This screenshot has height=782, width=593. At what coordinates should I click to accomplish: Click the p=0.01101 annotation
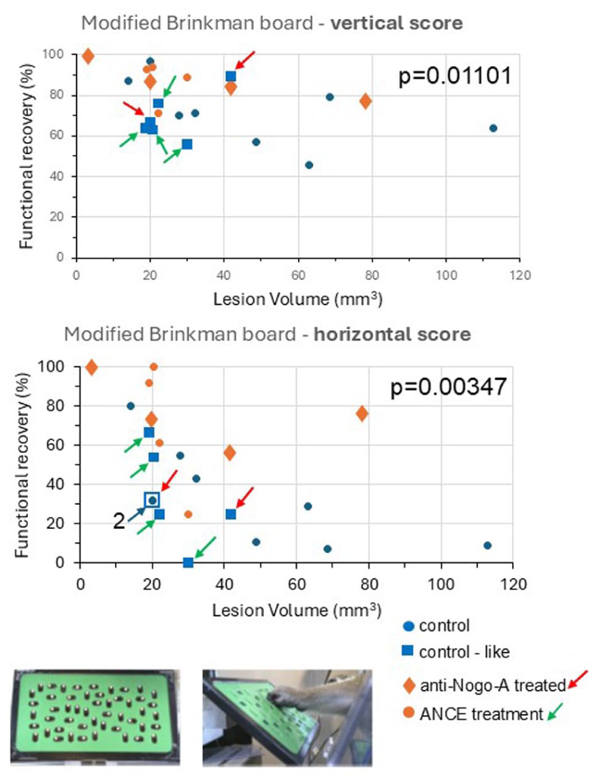(x=455, y=76)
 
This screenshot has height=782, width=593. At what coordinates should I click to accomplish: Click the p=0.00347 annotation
(x=448, y=386)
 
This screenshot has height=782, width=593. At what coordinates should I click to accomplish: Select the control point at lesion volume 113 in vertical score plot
(x=493, y=128)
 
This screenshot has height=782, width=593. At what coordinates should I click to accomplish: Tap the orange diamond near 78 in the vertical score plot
(x=365, y=101)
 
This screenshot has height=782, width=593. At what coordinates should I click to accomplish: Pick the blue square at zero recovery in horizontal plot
(x=188, y=562)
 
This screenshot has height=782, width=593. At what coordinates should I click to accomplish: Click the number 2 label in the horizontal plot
(x=119, y=521)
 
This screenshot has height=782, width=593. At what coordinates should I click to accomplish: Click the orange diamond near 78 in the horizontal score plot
(x=362, y=413)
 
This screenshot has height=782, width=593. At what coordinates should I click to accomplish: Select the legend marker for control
(x=408, y=626)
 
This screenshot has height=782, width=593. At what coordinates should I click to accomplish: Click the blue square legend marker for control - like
(x=408, y=651)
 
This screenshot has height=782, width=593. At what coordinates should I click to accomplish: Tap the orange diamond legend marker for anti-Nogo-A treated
(x=409, y=685)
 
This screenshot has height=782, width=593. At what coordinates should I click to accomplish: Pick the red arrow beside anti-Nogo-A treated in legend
(x=578, y=680)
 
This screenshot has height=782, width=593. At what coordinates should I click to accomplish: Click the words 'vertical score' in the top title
(x=396, y=23)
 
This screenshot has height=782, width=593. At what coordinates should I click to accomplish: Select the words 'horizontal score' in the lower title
(x=393, y=333)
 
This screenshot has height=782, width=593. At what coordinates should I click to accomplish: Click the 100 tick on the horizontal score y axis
(x=52, y=367)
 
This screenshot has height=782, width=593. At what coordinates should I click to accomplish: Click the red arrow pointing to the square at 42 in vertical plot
(x=245, y=60)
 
